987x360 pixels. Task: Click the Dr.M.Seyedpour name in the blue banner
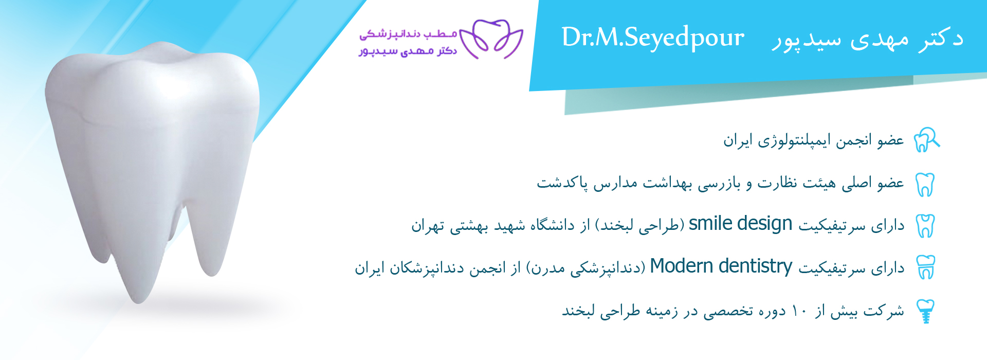click(x=653, y=38)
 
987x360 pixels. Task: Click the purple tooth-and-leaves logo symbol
click(x=491, y=39)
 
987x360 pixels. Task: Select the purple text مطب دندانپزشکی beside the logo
click(x=408, y=34)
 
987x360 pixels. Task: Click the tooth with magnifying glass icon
click(x=926, y=140)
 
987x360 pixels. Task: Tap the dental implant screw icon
click(x=926, y=311)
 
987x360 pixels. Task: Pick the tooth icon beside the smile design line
click(x=925, y=226)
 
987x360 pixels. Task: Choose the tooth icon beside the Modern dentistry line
click(x=926, y=267)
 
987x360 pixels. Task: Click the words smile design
click(x=740, y=224)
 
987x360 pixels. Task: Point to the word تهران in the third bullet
click(x=427, y=226)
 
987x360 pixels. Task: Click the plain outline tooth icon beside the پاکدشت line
click(x=925, y=184)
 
